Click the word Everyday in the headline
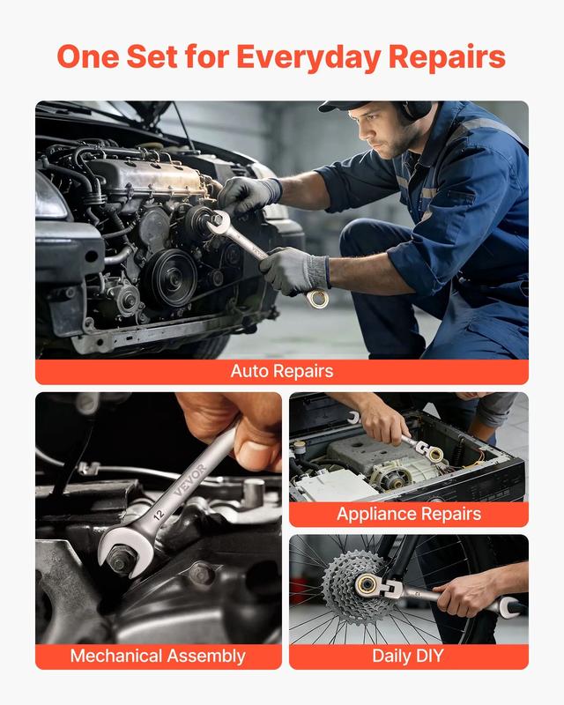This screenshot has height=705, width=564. tap(308, 57)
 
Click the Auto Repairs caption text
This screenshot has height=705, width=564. tap(282, 371)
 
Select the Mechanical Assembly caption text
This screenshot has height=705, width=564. tap(158, 656)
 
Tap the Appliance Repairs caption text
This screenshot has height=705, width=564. tap(409, 514)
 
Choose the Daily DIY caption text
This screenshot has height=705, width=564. tap(408, 656)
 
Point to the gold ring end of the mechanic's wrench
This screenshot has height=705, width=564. tap(318, 299)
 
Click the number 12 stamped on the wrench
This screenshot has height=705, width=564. tap(159, 514)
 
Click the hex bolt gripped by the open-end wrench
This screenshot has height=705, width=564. tap(119, 560)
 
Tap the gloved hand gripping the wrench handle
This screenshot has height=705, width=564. tap(295, 271)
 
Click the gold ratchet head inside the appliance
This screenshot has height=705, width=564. tap(434, 454)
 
